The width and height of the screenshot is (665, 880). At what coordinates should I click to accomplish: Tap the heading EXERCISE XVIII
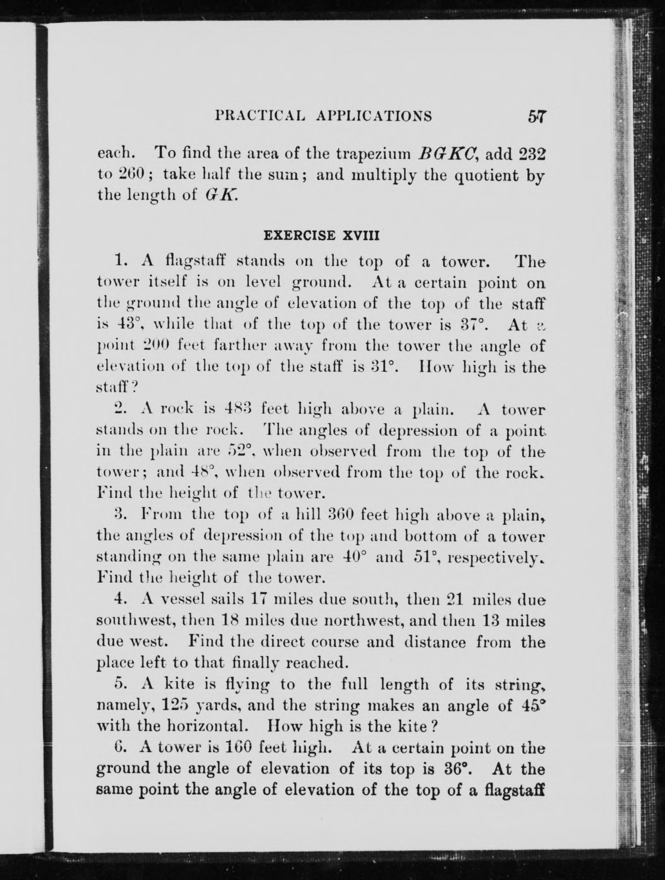[x=321, y=235]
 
